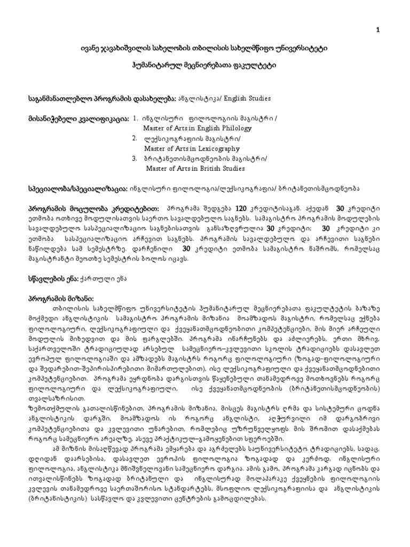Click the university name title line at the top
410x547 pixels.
204,49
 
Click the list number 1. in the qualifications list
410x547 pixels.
136,118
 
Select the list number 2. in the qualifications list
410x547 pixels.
136,138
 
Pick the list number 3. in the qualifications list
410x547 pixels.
136,159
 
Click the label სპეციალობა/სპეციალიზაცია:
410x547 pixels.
78,189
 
